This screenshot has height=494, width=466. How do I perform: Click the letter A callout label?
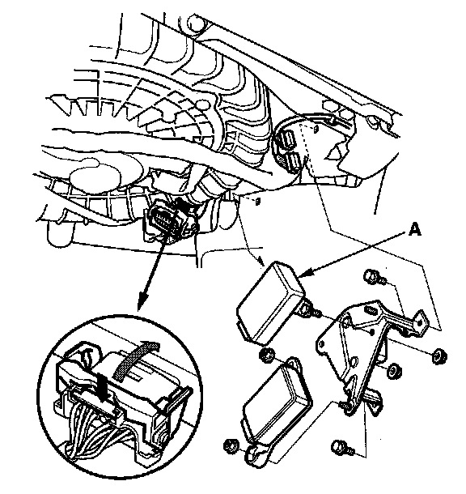415,229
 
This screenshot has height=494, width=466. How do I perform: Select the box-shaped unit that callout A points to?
270,301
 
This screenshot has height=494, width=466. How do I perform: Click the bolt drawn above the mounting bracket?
374,277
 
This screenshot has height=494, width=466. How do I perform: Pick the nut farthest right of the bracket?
439,356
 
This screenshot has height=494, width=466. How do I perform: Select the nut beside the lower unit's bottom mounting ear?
231,446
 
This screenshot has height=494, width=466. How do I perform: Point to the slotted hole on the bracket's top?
371,309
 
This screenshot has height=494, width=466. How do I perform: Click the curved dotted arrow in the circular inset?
136,359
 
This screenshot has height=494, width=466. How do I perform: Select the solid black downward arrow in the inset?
102,387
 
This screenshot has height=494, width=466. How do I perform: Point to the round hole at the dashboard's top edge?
196,23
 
